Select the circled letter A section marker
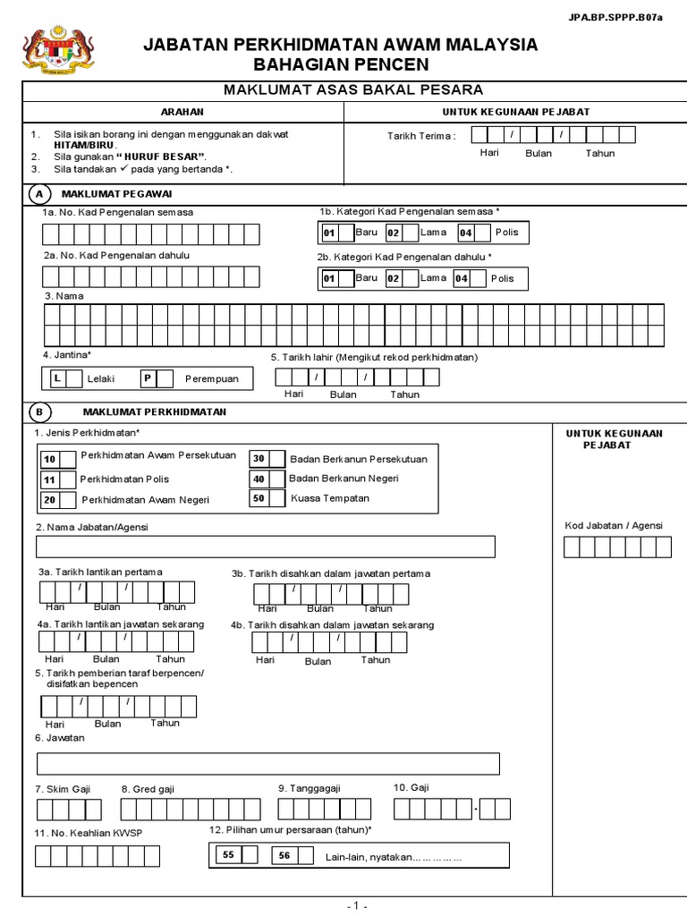(38, 194)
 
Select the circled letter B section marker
(38, 412)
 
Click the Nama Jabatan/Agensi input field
(265, 547)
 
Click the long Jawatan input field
(267, 763)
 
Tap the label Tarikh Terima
(420, 136)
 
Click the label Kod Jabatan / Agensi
(614, 526)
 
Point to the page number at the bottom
(356, 905)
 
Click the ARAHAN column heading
(182, 112)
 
